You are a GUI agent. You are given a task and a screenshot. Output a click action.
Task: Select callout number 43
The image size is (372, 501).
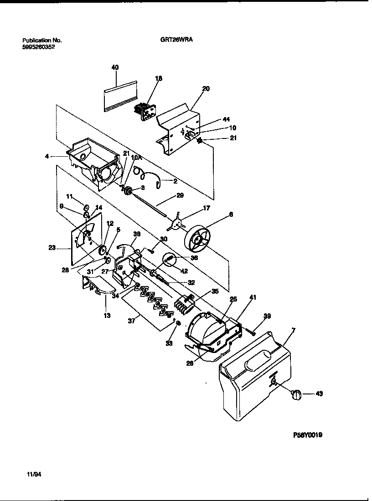tap(319, 394)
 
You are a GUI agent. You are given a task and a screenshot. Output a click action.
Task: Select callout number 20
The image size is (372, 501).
tap(206, 89)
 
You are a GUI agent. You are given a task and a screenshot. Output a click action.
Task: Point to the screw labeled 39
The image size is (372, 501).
tap(249, 329)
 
